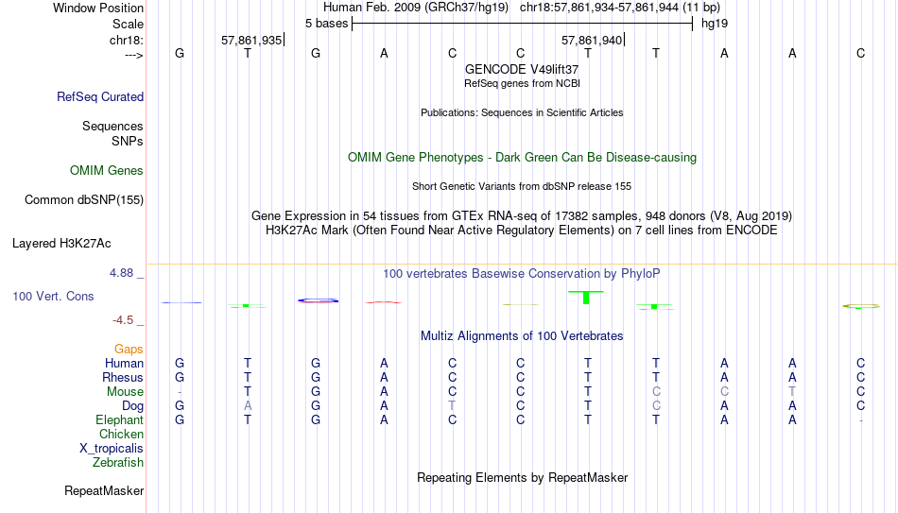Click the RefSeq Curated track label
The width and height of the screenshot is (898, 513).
100,96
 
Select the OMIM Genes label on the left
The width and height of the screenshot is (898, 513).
107,171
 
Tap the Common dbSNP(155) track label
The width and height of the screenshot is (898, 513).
84,200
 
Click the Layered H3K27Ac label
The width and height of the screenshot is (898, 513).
61,244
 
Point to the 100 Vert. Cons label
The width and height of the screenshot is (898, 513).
53,296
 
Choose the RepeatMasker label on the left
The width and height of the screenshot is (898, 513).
104,490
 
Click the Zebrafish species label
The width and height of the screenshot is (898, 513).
118,462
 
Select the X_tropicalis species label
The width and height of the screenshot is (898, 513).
112,449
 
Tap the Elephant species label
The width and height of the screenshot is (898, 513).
120,419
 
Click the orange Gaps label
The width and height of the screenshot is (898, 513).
129,350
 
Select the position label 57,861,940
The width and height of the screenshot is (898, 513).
592,40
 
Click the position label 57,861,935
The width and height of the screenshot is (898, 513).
251,40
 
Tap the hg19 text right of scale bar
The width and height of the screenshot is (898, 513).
715,24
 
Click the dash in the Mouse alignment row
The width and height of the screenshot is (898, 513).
180,392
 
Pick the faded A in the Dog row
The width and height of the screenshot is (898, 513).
248,406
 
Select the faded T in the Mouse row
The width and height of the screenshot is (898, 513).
792,392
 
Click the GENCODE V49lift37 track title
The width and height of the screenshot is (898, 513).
522,69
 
